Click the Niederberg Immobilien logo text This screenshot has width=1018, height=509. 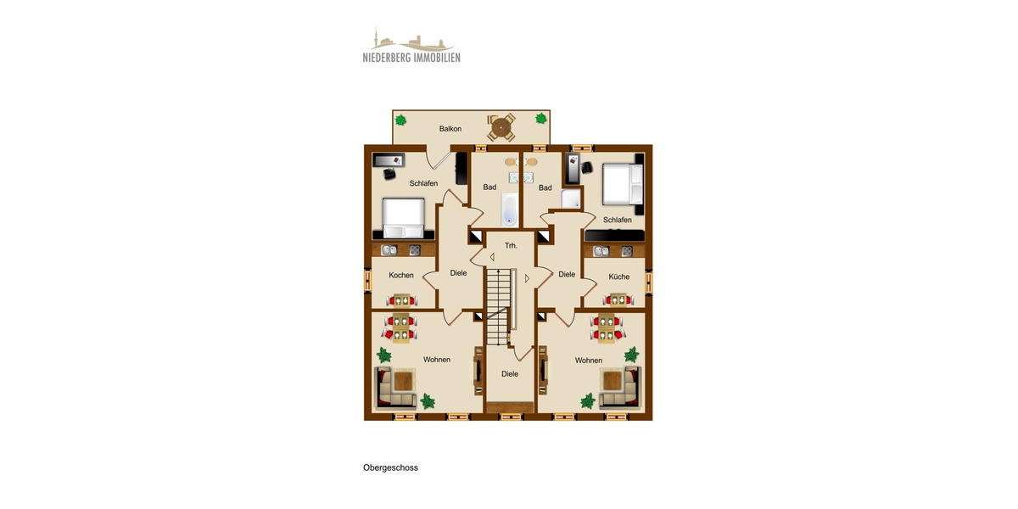pyautogui.click(x=411, y=58)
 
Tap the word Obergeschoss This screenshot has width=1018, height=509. pyautogui.click(x=390, y=467)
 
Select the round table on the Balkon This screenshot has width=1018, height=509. pyautogui.click(x=501, y=128)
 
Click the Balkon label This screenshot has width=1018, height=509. pyautogui.click(x=450, y=129)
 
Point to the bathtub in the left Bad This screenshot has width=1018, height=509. pyautogui.click(x=508, y=210)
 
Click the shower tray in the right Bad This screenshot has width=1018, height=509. pyautogui.click(x=571, y=199)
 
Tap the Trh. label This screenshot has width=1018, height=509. pyautogui.click(x=511, y=245)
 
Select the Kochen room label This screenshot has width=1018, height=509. pyautogui.click(x=401, y=275)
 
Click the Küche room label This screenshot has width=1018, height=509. pyautogui.click(x=618, y=277)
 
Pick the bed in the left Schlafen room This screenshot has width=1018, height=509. pyautogui.click(x=403, y=218)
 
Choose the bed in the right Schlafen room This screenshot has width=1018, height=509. pyautogui.click(x=623, y=185)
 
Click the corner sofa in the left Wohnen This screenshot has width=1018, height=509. pyautogui.click(x=395, y=388)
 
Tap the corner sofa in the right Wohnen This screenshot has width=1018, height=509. pyautogui.click(x=619, y=388)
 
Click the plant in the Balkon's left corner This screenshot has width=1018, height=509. pyautogui.click(x=401, y=120)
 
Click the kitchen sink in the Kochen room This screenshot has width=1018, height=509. pyautogui.click(x=389, y=250)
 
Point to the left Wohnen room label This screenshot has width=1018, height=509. pyautogui.click(x=436, y=360)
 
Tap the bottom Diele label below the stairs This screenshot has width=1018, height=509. pyautogui.click(x=510, y=373)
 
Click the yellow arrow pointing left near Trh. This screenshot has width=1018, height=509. pyautogui.click(x=491, y=256)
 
